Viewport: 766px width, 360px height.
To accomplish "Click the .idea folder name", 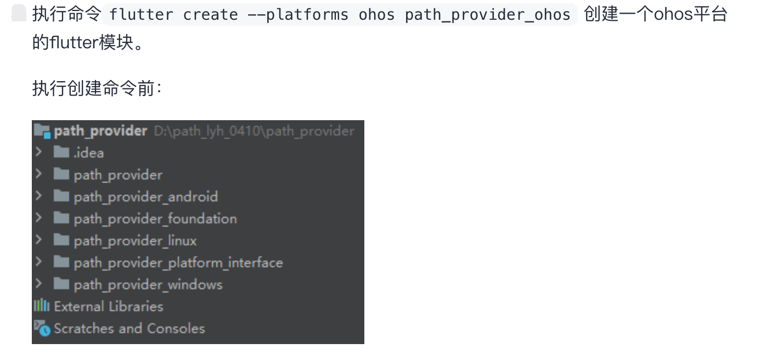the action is click(89, 153).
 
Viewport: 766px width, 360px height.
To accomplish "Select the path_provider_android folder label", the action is click(145, 197).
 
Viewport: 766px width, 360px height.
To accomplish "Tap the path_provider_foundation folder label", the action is click(155, 219).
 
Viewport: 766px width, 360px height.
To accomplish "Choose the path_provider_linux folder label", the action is click(135, 241).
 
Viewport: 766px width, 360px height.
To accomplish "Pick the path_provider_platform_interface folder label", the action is click(178, 263).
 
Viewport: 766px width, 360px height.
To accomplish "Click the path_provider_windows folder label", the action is click(148, 285).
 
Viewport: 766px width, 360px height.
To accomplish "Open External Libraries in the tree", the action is click(108, 307).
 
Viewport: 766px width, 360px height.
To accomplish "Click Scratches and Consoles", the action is click(129, 329).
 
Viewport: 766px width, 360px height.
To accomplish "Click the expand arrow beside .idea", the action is click(38, 152).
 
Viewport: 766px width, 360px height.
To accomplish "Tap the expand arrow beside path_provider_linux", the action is click(38, 240).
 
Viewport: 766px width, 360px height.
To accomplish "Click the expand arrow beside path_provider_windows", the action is click(38, 284).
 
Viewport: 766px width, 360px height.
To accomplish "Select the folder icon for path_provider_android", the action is click(61, 196).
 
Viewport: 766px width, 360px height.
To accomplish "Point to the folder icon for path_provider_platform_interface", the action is click(61, 262).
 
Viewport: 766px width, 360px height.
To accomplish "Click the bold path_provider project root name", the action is click(100, 131).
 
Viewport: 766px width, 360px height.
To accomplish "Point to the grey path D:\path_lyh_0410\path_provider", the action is click(254, 131).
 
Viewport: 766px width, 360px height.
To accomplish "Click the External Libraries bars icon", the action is click(41, 306).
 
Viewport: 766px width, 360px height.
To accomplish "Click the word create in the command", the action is click(210, 15).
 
